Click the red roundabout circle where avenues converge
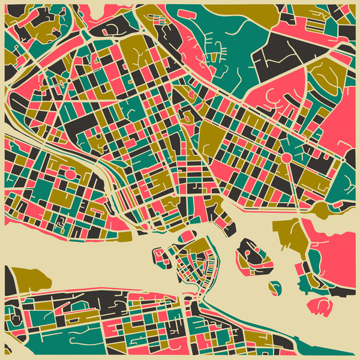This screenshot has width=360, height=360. click(286, 157)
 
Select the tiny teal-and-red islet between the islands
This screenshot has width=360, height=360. click(275, 288)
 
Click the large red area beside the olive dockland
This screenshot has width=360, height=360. click(330, 252)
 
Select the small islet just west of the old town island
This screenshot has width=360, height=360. click(161, 257)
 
